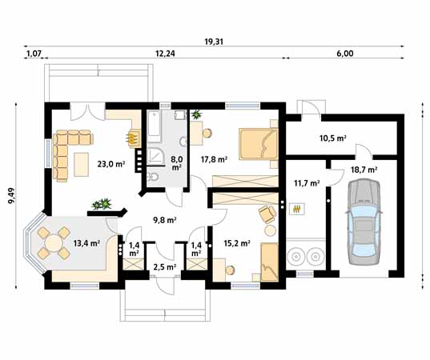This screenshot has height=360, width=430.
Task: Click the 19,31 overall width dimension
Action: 214,42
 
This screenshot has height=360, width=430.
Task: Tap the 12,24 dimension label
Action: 165,54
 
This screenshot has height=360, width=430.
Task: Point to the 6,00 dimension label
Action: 345,54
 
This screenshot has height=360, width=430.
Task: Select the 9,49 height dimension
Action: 12,196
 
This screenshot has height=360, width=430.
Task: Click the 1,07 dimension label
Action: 34,54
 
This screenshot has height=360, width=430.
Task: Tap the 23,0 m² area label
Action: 111,164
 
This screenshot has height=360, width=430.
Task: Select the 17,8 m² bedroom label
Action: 214,159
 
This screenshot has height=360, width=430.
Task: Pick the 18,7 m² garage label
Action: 364,170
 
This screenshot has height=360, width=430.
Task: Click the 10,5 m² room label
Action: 332,138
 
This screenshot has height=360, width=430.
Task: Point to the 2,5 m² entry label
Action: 164,266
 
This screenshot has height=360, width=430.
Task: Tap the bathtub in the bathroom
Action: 154,126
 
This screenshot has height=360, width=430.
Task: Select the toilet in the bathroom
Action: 152,178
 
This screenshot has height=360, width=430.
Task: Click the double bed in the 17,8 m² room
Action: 258,143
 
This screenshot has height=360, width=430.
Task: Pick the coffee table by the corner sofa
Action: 81,164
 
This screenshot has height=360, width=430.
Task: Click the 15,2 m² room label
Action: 237,243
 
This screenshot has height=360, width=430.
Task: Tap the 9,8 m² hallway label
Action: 164,220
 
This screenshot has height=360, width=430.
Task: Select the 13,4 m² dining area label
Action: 86,243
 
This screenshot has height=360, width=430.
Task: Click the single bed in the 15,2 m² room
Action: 270,262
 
